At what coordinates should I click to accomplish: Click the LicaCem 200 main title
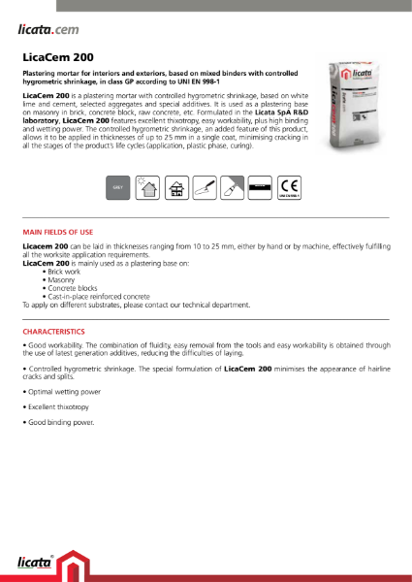pos(58,57)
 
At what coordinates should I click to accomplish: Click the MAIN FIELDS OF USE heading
pos(57,233)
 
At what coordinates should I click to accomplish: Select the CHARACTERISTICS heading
pos(55,331)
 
